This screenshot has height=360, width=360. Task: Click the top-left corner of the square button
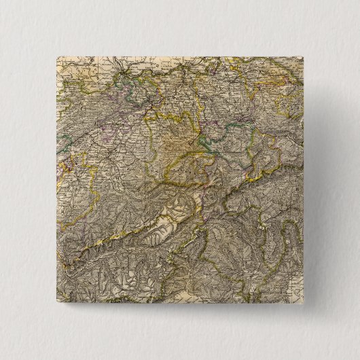(54, 54)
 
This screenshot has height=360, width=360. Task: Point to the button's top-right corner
(306, 54)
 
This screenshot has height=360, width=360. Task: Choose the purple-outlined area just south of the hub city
(129, 92)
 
